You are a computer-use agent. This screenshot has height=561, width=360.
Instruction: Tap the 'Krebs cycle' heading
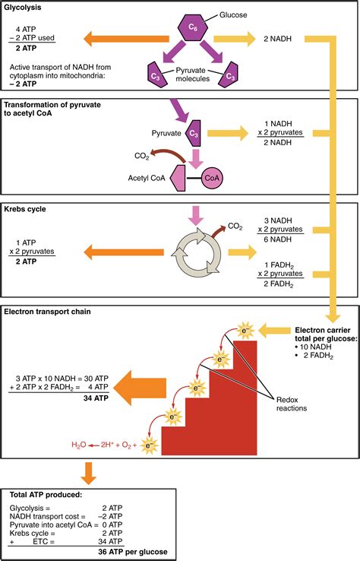pyautogui.click(x=27, y=208)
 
